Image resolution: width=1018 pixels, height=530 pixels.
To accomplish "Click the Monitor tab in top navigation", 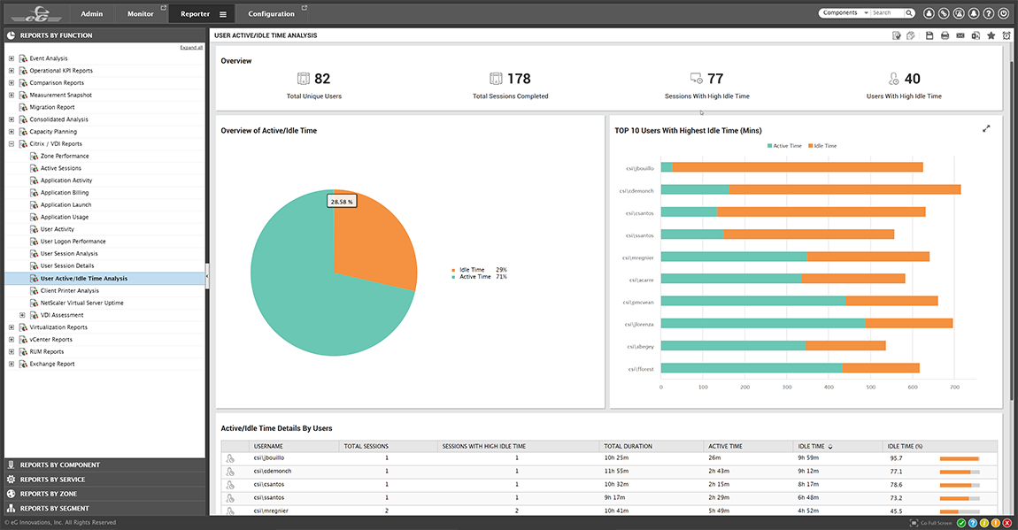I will point(140,13).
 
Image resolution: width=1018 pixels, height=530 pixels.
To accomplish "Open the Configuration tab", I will point(271,13).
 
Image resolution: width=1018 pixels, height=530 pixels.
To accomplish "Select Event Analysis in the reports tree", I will point(48,58).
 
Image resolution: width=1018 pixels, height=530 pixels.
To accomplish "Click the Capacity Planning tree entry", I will point(53,132).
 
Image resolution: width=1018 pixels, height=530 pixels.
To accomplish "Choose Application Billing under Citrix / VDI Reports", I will point(65,193).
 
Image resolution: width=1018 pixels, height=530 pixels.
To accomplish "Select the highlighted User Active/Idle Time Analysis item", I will point(84,279).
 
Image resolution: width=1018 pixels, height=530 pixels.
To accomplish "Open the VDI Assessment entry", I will point(62,315).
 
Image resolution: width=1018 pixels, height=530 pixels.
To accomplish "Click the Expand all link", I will point(191,47).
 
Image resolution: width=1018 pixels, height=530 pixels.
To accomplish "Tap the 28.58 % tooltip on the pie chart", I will point(342,202).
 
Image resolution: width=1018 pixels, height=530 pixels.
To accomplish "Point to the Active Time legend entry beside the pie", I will point(474,277).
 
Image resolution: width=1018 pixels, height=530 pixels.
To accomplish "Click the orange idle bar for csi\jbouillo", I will point(797,167).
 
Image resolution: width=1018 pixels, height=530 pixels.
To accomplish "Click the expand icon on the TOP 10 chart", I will point(986,129).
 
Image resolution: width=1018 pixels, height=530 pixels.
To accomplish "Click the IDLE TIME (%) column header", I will point(905,446).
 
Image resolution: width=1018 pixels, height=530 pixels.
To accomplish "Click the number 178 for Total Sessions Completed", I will point(519,79).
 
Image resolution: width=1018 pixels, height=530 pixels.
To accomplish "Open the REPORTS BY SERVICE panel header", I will point(52,480).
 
